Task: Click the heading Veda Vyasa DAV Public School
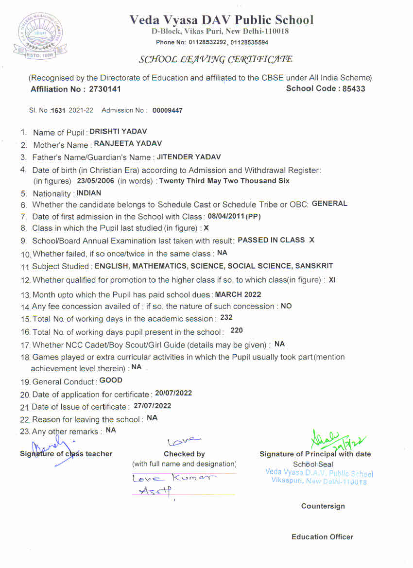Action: [x=222, y=20]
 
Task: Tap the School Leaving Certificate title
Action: [x=216, y=60]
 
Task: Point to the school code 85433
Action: [x=354, y=89]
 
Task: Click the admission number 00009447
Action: [x=168, y=111]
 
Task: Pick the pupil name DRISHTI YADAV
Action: [x=118, y=132]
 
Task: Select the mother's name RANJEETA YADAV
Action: [x=128, y=144]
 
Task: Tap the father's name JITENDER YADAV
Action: [x=189, y=157]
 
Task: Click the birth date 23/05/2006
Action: [x=95, y=181]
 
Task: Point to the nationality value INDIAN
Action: [x=89, y=193]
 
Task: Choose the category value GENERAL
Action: [x=329, y=204]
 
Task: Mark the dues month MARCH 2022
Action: [x=238, y=294]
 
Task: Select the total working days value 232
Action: [x=226, y=317]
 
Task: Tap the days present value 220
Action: [x=237, y=330]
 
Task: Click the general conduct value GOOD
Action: [x=111, y=380]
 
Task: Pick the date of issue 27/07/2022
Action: [x=153, y=406]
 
